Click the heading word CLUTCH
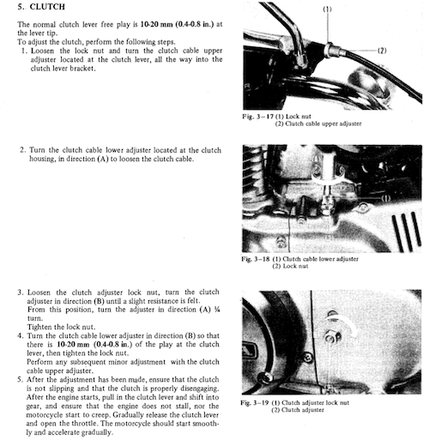[47, 7]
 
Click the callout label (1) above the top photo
[327, 9]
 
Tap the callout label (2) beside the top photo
[382, 51]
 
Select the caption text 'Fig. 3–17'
[257, 117]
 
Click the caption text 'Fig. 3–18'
[256, 259]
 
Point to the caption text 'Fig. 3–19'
[255, 403]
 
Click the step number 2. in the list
[23, 150]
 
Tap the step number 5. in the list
[20, 380]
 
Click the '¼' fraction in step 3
[217, 310]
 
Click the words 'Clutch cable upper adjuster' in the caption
[323, 124]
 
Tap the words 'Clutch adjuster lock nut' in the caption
[316, 403]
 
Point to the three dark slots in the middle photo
[406, 232]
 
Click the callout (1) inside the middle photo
[386, 198]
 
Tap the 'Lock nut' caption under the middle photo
[295, 266]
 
